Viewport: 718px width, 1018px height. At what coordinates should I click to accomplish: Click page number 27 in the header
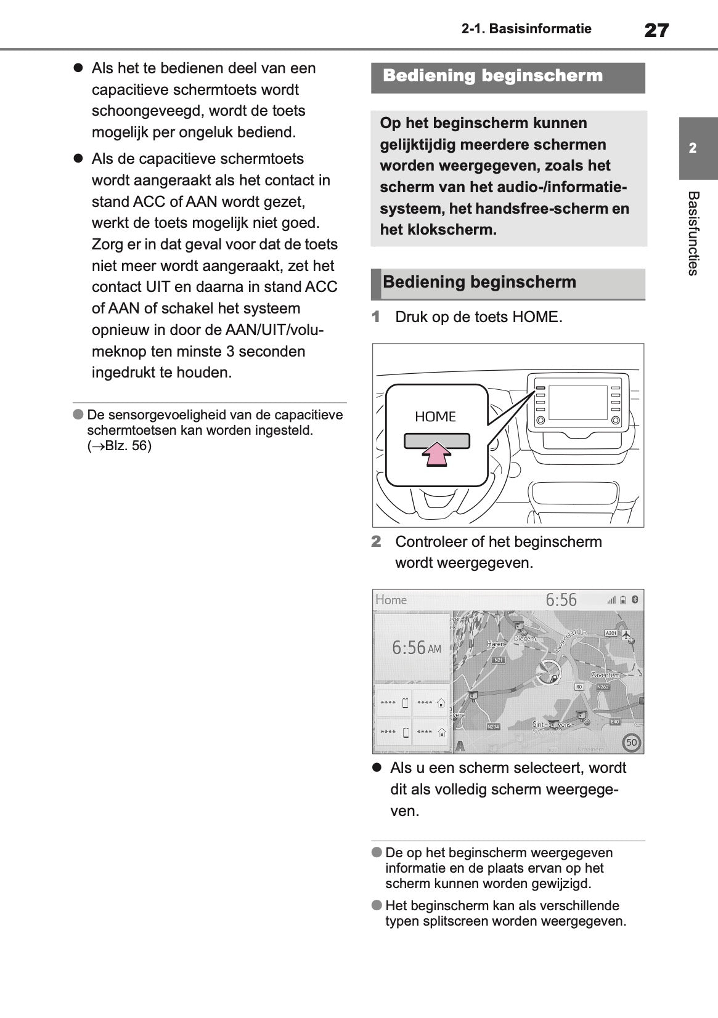click(656, 30)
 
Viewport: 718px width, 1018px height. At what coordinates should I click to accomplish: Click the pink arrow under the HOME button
click(436, 456)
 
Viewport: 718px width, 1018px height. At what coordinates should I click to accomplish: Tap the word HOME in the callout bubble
click(435, 417)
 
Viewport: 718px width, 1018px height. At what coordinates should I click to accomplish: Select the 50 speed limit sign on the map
click(632, 743)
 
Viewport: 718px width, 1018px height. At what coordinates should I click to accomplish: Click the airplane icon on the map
click(627, 634)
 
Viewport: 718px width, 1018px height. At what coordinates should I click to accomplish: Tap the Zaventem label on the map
click(605, 675)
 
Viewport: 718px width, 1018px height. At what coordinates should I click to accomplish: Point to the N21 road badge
click(499, 660)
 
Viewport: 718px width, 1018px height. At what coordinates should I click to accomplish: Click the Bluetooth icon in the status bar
click(635, 599)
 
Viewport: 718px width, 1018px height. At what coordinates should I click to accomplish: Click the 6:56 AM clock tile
click(414, 648)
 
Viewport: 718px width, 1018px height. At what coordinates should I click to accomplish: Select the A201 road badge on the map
click(611, 633)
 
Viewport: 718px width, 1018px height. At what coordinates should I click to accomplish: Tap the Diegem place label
click(524, 639)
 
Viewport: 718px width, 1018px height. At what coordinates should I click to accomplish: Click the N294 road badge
click(493, 727)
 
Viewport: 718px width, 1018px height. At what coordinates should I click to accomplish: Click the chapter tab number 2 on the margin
click(693, 148)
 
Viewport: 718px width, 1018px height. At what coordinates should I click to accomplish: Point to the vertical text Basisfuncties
click(693, 233)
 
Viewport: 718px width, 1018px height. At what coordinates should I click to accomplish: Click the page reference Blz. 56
click(128, 446)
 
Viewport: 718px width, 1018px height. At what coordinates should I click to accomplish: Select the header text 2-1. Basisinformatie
click(526, 29)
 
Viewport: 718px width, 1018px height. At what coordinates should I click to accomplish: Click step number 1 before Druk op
click(377, 317)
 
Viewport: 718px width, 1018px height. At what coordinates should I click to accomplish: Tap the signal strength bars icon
click(611, 600)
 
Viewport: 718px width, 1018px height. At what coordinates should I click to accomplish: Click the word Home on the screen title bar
click(391, 600)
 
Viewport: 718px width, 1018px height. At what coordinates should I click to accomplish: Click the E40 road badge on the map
click(614, 721)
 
